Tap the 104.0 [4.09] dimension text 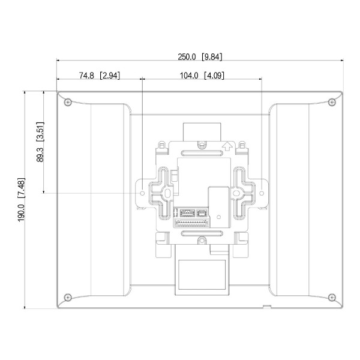click(202, 76)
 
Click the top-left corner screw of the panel click(67, 100)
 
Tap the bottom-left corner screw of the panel click(67, 296)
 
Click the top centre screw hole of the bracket click(202, 144)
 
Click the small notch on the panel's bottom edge click(266, 308)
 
